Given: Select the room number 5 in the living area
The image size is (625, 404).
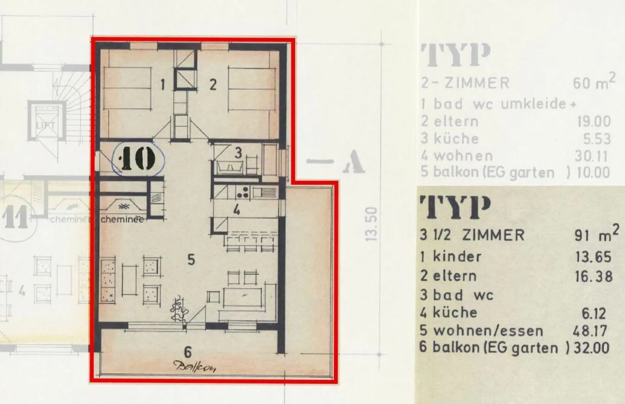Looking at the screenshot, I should tap(191, 260).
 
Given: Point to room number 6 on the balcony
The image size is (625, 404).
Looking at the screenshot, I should tap(188, 352).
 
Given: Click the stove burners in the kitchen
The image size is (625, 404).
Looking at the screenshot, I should tap(242, 191).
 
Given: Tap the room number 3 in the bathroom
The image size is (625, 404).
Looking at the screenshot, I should tap(238, 153).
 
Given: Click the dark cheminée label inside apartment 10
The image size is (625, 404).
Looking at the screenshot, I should tap(122, 220).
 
